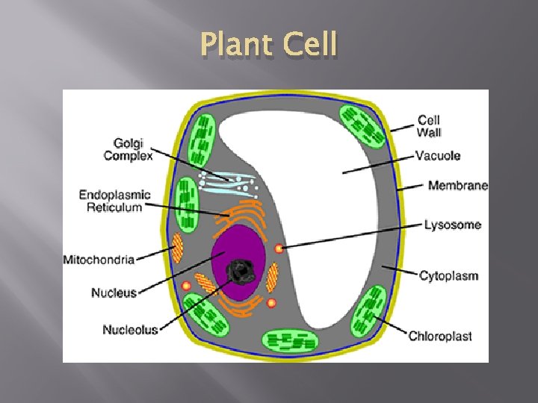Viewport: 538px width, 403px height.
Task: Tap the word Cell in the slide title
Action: point(309,46)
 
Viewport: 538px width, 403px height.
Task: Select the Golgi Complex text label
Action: point(128,149)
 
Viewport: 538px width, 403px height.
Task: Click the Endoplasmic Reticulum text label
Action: point(114,201)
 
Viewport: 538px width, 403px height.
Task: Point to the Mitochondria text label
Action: point(99,260)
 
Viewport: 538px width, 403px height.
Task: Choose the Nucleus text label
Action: point(114,293)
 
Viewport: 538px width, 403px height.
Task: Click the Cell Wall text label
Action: point(429,126)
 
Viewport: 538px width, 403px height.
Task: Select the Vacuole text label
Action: point(438,156)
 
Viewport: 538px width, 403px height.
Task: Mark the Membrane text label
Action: point(457,186)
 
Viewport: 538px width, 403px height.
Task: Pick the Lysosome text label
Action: point(452,224)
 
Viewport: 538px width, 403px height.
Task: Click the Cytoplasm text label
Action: point(448,275)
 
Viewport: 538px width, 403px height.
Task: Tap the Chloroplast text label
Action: point(440,336)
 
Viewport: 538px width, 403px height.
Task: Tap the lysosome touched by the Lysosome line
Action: point(278,248)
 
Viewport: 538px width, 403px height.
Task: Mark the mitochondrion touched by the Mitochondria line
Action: point(179,247)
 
